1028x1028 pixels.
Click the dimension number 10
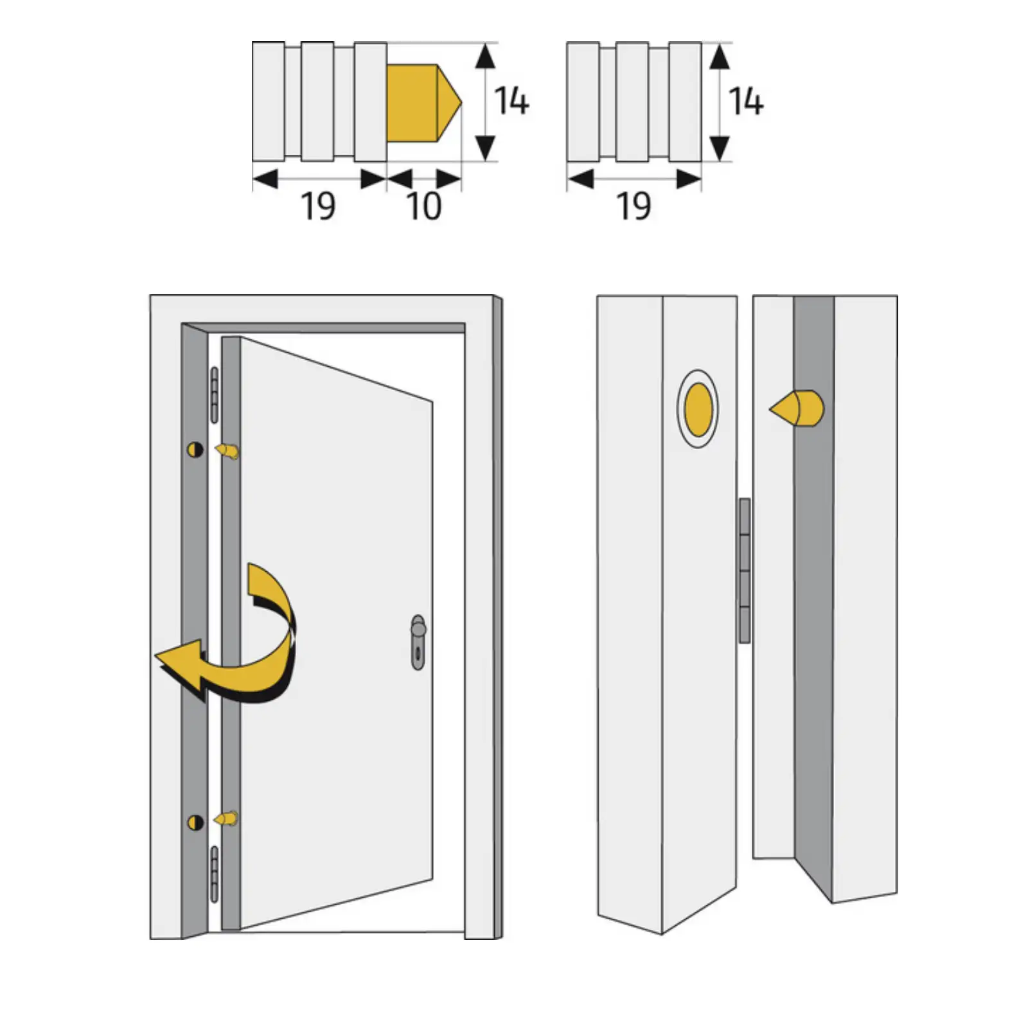pyautogui.click(x=424, y=206)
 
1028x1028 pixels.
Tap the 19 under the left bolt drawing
pyautogui.click(x=318, y=206)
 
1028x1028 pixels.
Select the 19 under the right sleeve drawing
pyautogui.click(x=634, y=206)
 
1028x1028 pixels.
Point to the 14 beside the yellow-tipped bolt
pyautogui.click(x=511, y=102)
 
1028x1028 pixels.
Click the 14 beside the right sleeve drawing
pyautogui.click(x=746, y=102)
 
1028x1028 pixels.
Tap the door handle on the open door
pyautogui.click(x=418, y=642)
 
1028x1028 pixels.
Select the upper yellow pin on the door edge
pyautogui.click(x=227, y=451)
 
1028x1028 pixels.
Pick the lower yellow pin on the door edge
pyautogui.click(x=226, y=819)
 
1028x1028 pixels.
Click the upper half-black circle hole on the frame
pyautogui.click(x=195, y=450)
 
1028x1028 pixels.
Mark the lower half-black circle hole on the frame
pyautogui.click(x=195, y=822)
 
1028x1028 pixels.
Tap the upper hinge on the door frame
pyautogui.click(x=215, y=395)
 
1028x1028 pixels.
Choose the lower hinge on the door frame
pyautogui.click(x=215, y=874)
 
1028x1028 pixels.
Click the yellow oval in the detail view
pyautogui.click(x=698, y=409)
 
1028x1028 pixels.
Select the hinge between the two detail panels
pyautogui.click(x=745, y=571)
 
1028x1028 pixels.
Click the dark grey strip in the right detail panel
pyautogui.click(x=814, y=578)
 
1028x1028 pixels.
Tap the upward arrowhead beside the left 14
pyautogui.click(x=485, y=57)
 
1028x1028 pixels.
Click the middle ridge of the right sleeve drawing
pyautogui.click(x=632, y=102)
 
